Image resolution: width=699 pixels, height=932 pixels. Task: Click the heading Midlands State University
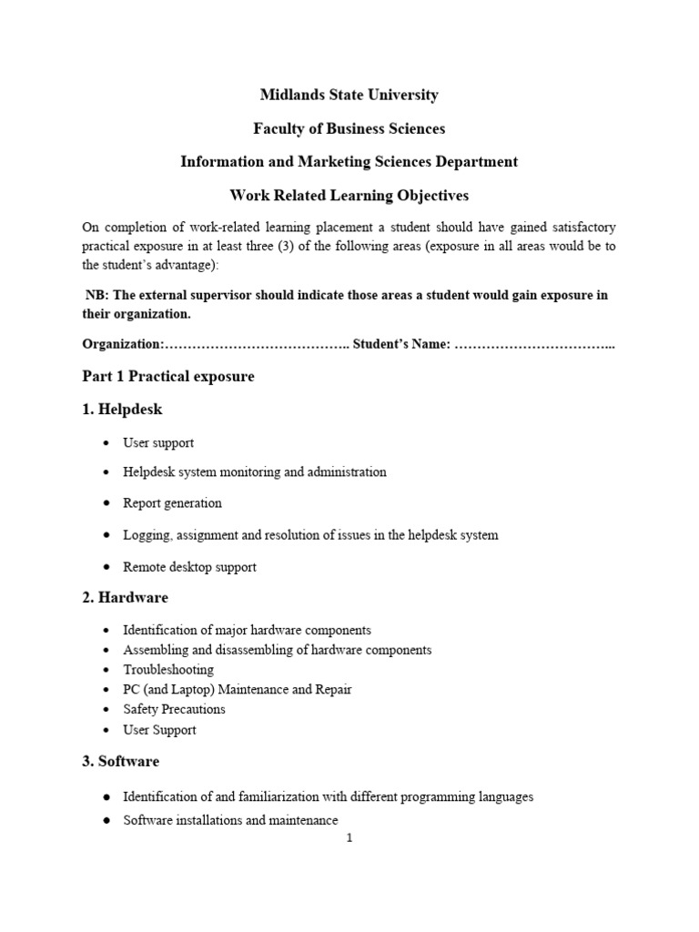click(x=349, y=95)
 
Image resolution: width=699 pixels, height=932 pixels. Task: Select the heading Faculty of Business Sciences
click(x=349, y=128)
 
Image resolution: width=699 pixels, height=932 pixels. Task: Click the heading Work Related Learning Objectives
click(x=349, y=196)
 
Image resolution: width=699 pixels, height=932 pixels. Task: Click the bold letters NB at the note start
click(x=94, y=295)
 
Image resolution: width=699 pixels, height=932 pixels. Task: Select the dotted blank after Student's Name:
click(x=534, y=345)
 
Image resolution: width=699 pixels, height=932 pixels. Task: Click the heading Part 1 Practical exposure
click(x=168, y=377)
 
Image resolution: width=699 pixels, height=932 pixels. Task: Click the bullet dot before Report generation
click(x=106, y=503)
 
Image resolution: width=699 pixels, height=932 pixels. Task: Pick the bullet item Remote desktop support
click(x=190, y=567)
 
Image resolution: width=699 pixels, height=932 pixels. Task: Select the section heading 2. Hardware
click(x=125, y=598)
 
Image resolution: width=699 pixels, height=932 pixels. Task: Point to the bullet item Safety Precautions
click(x=174, y=710)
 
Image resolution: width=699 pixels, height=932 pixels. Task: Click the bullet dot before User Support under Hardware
click(x=106, y=730)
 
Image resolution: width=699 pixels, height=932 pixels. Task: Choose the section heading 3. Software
click(x=120, y=762)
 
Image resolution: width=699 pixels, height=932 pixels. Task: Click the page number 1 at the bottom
click(x=349, y=838)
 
